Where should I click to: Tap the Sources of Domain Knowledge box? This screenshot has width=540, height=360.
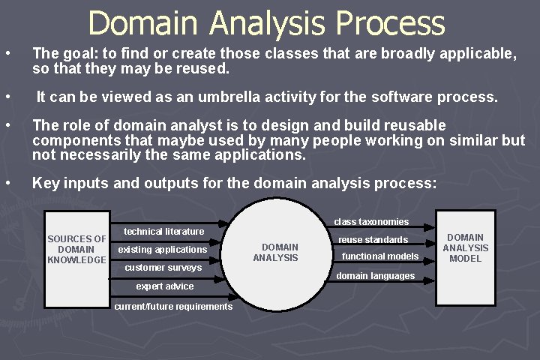point(76,250)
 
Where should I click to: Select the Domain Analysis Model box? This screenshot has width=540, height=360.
point(465,248)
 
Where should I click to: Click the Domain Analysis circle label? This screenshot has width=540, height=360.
point(276,252)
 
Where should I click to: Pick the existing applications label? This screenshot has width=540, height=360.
point(162,250)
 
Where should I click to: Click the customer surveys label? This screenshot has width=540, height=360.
point(163,268)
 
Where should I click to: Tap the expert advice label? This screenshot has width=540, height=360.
point(164,286)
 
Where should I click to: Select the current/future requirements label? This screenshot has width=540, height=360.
point(173,307)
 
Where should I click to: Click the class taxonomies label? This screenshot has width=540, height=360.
point(371,222)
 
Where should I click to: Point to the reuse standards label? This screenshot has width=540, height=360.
point(373,240)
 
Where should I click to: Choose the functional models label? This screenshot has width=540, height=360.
point(380,256)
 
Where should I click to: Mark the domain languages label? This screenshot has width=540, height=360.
point(375,276)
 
